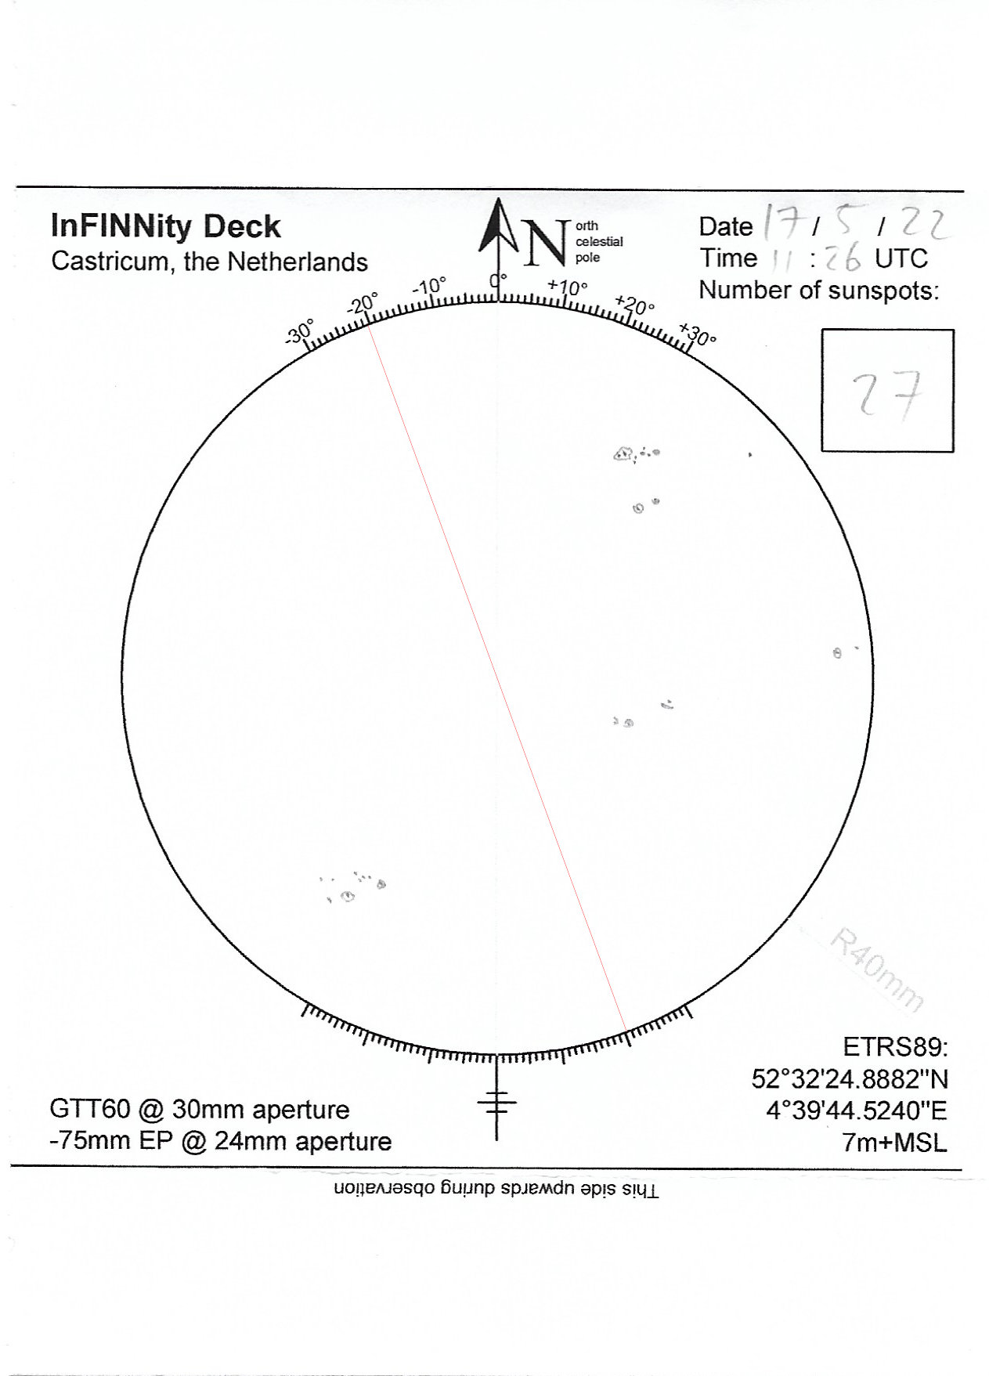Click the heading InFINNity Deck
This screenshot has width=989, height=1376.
(x=165, y=226)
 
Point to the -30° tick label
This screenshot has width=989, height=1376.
(x=299, y=331)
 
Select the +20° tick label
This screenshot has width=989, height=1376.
(x=635, y=305)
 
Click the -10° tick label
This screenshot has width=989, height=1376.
(x=428, y=286)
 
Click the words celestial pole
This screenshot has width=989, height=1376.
(x=598, y=249)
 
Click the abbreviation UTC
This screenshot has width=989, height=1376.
(x=901, y=258)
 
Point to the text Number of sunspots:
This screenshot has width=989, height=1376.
(x=818, y=291)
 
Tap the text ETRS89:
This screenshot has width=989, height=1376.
(x=894, y=1046)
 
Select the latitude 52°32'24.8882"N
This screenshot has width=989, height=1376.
(x=849, y=1079)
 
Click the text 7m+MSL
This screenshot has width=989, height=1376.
(x=893, y=1143)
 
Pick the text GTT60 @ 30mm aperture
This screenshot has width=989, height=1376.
(x=199, y=1109)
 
